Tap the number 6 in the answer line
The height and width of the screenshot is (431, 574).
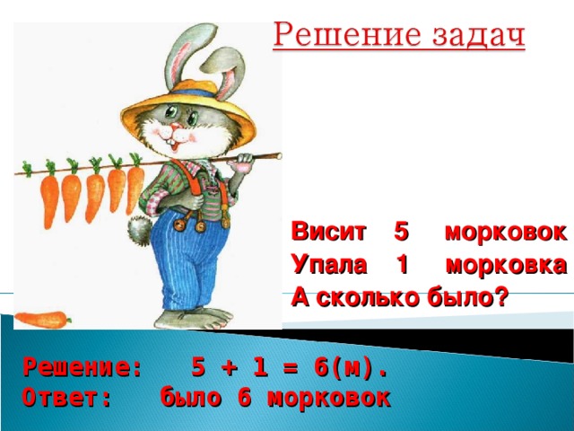coord(243,398)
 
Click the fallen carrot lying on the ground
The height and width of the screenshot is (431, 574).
coord(41,318)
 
